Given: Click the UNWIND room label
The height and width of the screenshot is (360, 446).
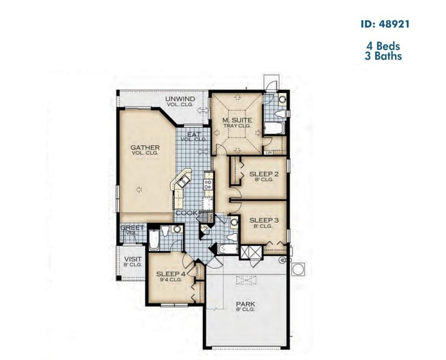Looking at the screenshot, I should point(180,99).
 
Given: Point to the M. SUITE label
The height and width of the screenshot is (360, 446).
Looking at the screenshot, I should point(237,120).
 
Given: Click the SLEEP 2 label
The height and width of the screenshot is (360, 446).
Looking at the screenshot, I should point(264,174).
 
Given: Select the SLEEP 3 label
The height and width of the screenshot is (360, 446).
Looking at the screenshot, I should point(264,220).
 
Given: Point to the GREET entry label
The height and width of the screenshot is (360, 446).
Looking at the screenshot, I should point(132,228).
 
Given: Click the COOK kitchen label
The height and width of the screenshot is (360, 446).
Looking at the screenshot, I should point(186,213).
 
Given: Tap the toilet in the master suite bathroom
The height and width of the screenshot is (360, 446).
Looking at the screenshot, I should point(280,114).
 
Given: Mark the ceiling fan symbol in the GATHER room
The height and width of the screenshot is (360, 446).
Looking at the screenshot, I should point(139,190).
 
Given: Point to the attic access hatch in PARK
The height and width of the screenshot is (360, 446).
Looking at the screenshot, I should point(247,280).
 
